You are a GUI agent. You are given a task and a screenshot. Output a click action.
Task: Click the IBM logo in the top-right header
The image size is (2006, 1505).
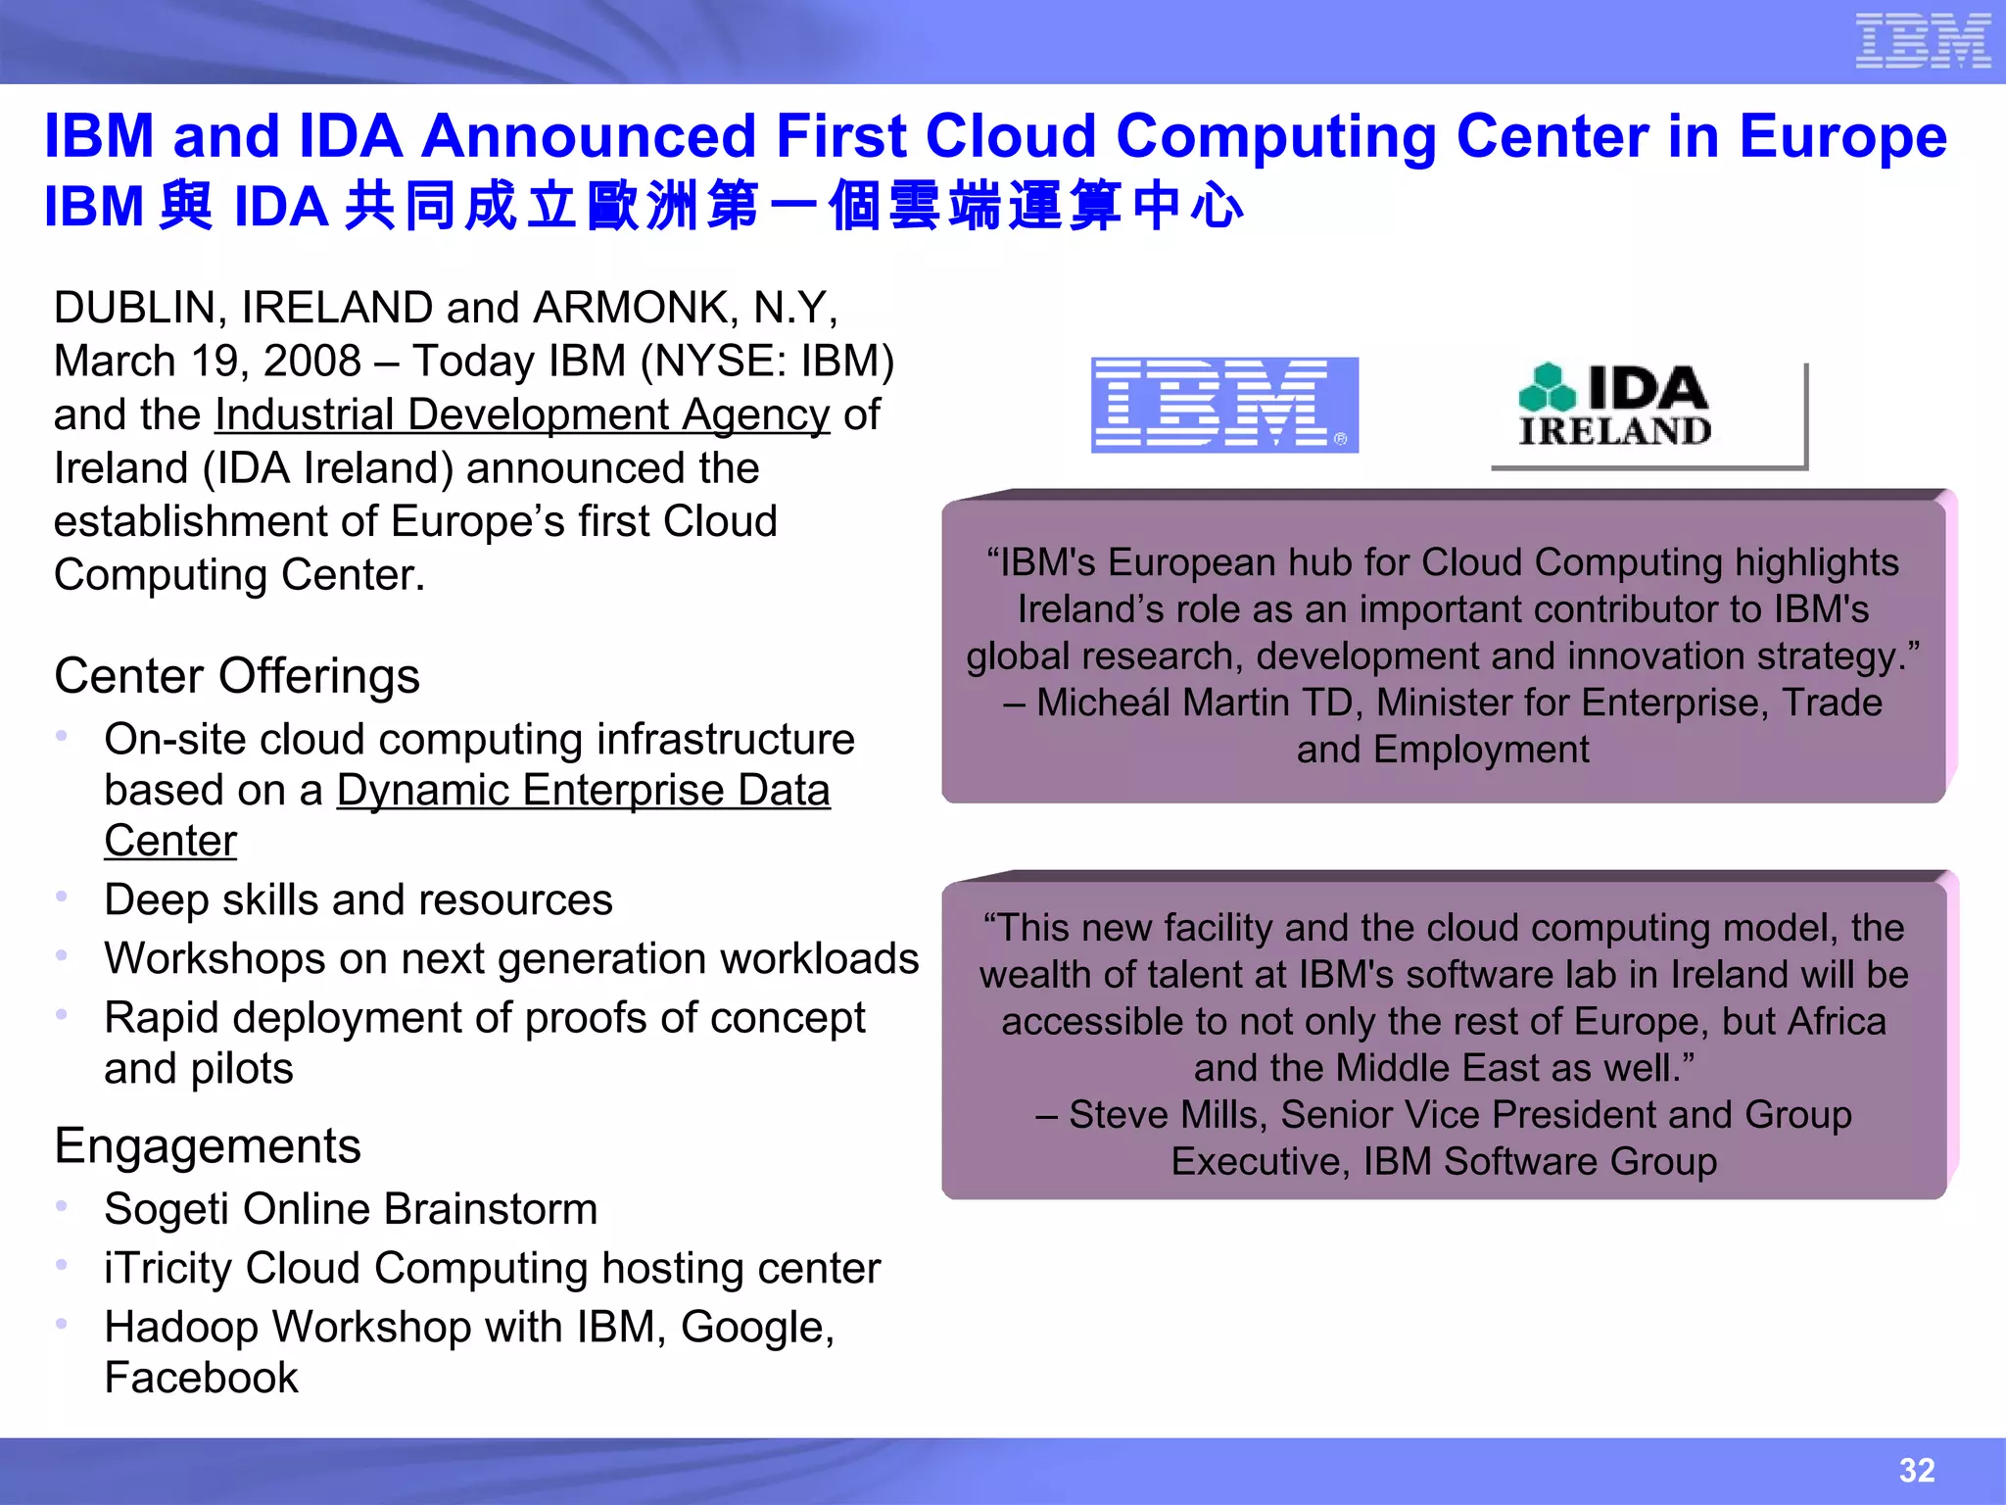click(x=1923, y=41)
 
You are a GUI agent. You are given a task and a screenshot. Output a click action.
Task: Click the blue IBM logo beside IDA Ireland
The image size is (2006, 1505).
click(x=1224, y=405)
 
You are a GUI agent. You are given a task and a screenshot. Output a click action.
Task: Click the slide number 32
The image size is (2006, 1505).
click(x=1917, y=1470)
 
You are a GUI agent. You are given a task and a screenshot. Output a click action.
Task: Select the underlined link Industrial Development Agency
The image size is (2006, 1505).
click(x=522, y=414)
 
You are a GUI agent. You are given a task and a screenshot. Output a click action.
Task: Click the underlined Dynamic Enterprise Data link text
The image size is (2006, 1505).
click(x=583, y=791)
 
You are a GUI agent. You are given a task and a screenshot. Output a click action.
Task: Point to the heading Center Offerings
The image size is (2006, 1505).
click(x=237, y=676)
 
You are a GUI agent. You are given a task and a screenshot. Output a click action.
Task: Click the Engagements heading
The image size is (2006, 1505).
click(x=208, y=1145)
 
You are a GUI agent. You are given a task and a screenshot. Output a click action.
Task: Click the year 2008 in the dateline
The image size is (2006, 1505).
click(x=312, y=362)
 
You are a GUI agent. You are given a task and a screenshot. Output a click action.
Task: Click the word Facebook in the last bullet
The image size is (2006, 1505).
click(x=201, y=1378)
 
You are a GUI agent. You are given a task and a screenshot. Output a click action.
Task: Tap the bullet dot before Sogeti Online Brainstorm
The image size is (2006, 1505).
click(x=62, y=1205)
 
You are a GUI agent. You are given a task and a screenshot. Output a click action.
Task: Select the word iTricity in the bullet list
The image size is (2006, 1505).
click(x=167, y=1269)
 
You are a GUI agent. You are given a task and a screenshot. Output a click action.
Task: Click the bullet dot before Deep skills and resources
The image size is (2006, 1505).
click(x=62, y=896)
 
